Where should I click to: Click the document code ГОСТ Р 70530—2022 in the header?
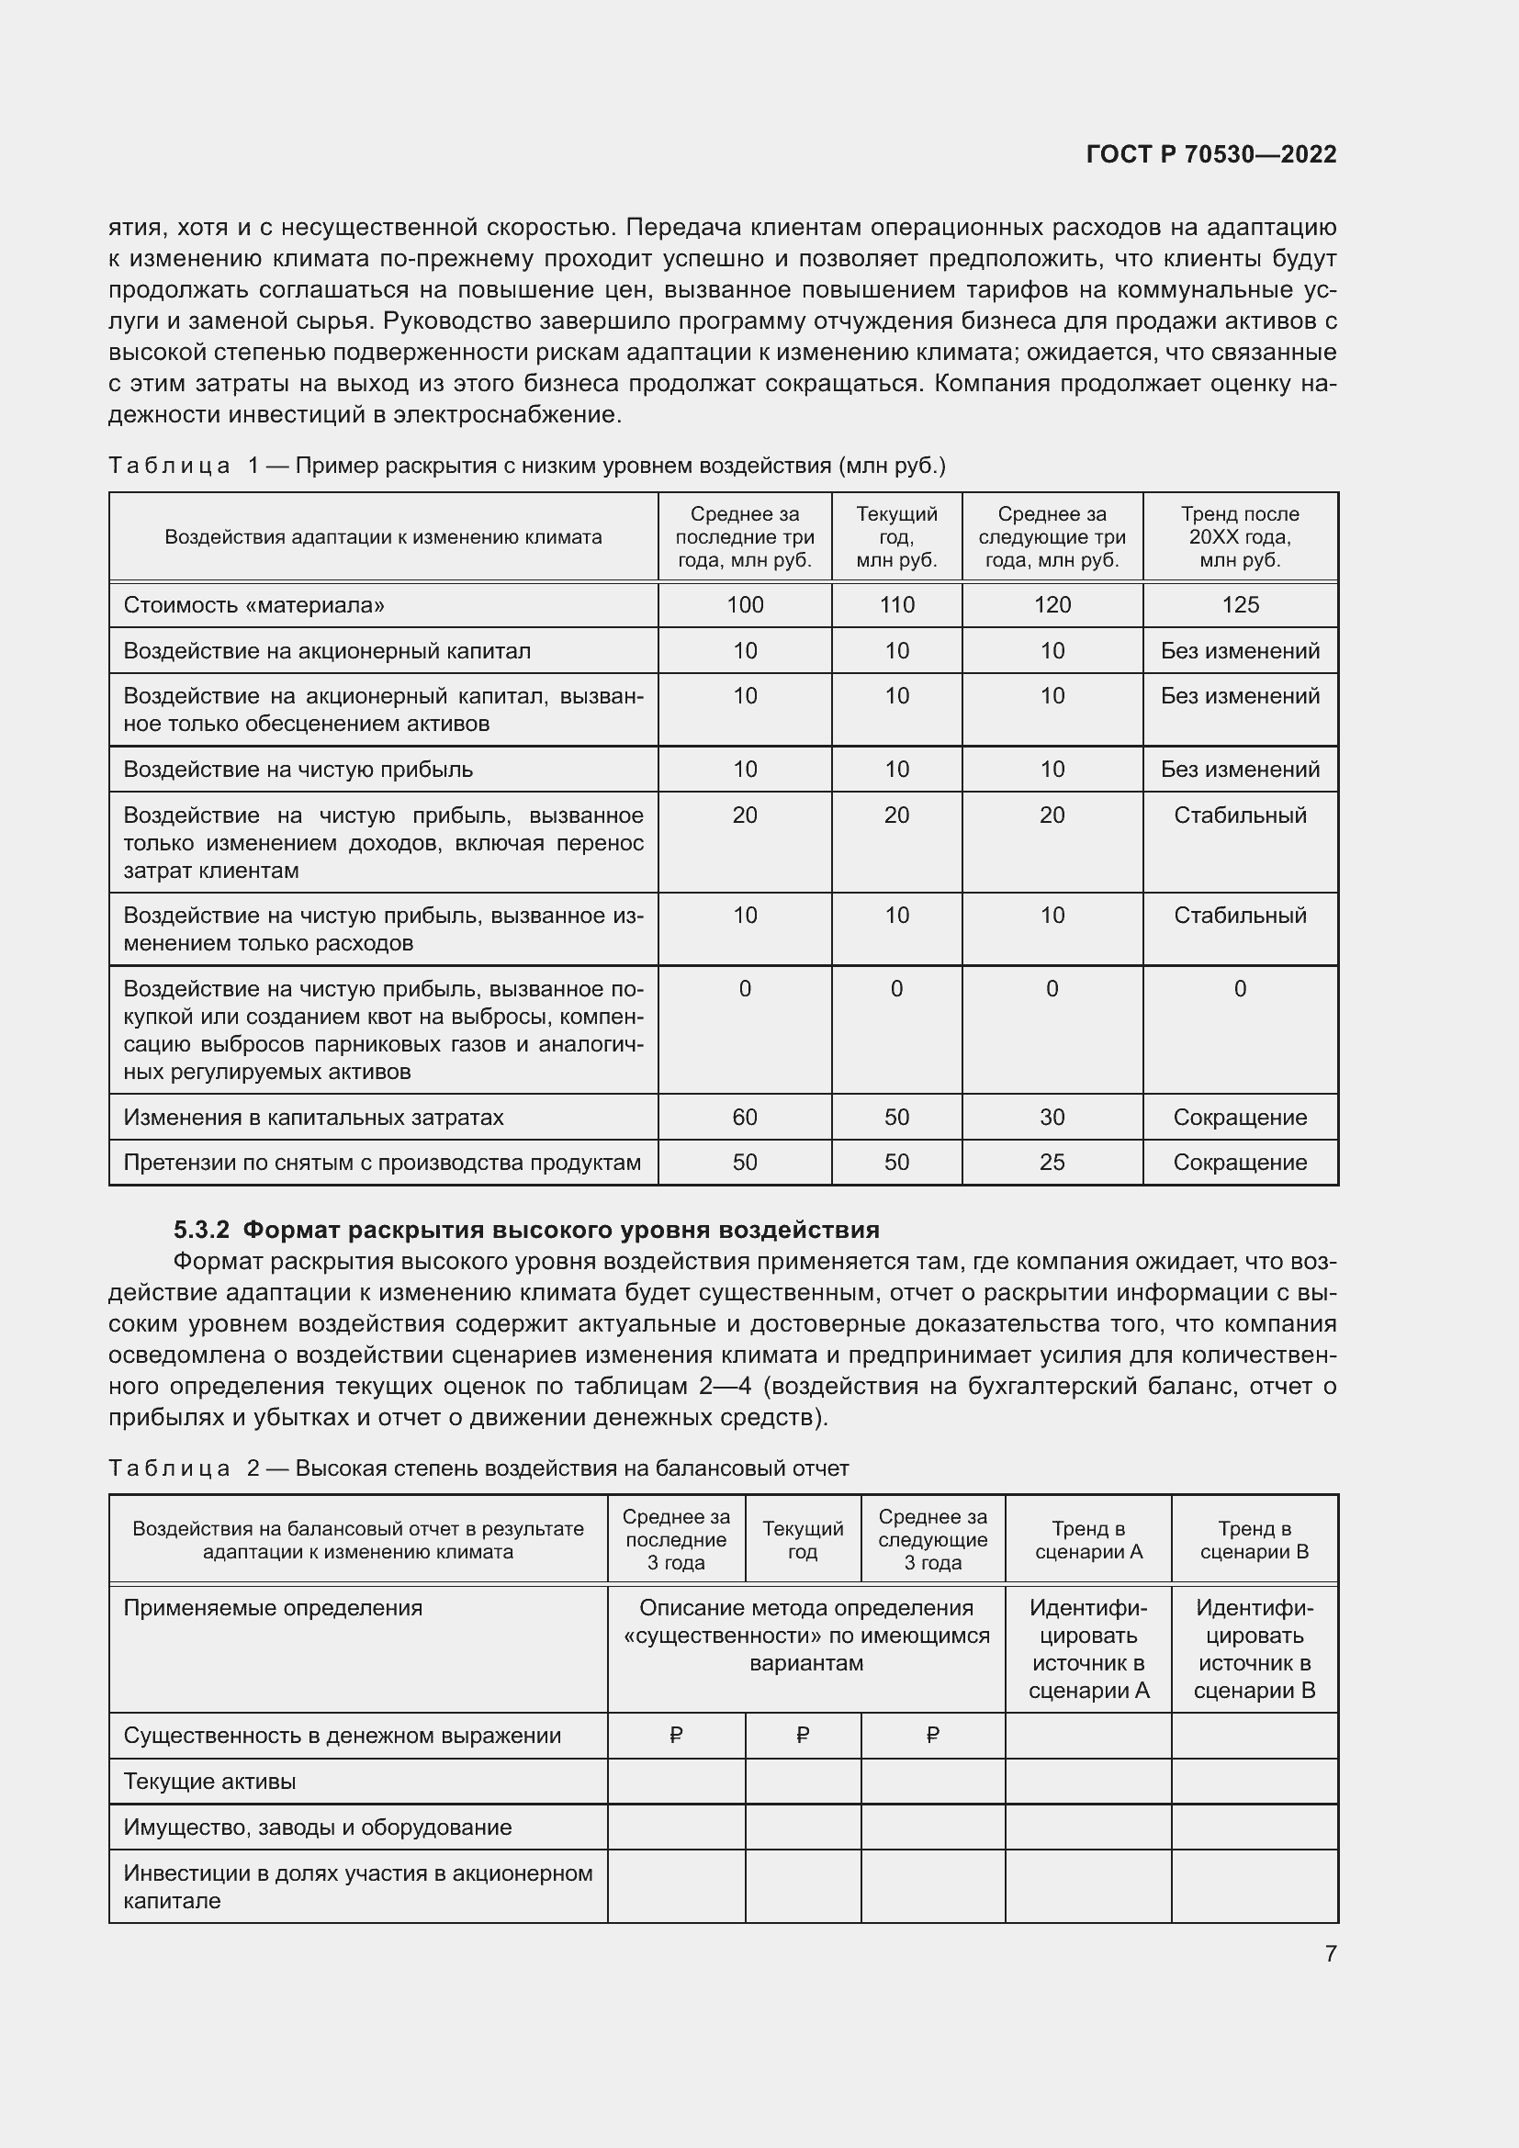coord(1210,154)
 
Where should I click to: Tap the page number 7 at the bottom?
coord(1330,1953)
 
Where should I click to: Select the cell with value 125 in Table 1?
coord(1239,604)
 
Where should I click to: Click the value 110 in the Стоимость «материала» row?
coord(896,604)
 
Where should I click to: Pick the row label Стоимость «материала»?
coord(253,604)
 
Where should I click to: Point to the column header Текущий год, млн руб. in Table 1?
coord(896,537)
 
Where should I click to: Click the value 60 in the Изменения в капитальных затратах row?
coord(745,1117)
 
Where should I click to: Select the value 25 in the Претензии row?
coord(1052,1162)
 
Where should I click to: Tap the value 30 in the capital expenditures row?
coord(1052,1117)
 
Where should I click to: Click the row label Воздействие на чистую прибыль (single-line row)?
coord(298,769)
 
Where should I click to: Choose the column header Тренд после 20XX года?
coord(1239,537)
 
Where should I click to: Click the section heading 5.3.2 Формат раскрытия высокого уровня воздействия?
coord(526,1230)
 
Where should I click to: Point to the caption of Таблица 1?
coord(526,465)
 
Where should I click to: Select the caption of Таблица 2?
coord(478,1468)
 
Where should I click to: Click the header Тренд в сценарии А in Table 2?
coord(1087,1540)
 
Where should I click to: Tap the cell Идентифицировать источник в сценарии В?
coord(1254,1648)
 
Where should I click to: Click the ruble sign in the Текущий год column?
coord(803,1736)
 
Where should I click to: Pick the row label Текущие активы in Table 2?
coord(209,1782)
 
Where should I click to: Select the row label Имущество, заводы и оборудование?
coord(317,1827)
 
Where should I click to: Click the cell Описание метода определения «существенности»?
coord(805,1636)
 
